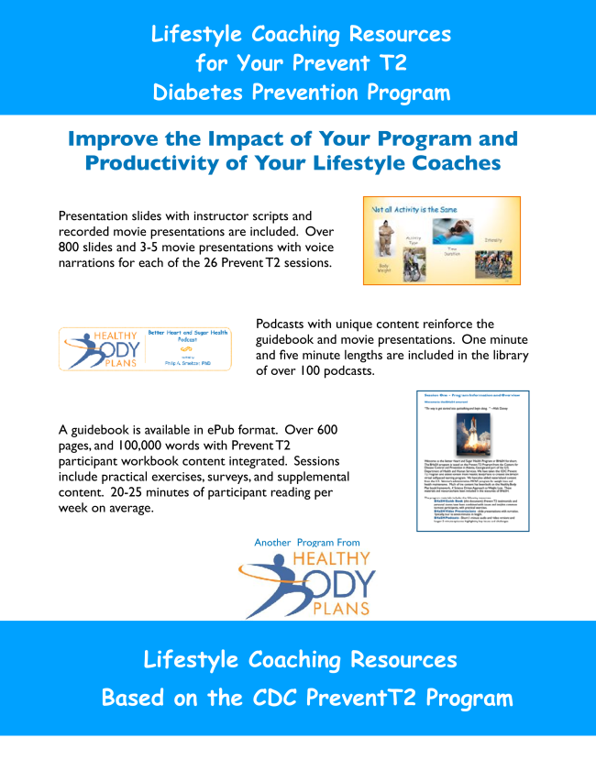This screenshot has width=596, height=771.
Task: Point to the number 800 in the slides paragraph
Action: click(x=71, y=248)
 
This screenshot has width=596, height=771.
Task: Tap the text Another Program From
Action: click(x=306, y=543)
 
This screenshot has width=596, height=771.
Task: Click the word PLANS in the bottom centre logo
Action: click(x=340, y=607)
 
